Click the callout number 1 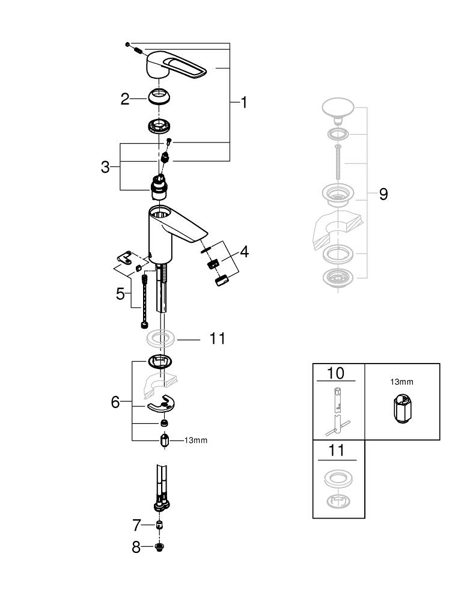click(x=244, y=103)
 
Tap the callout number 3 click(x=105, y=167)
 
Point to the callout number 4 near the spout click(x=243, y=251)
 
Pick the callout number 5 click(x=121, y=294)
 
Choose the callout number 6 click(x=115, y=402)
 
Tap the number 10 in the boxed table click(x=336, y=373)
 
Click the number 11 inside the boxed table click(x=336, y=450)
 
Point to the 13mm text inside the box click(x=402, y=382)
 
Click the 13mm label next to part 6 click(x=195, y=441)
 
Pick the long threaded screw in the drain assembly click(x=339, y=163)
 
